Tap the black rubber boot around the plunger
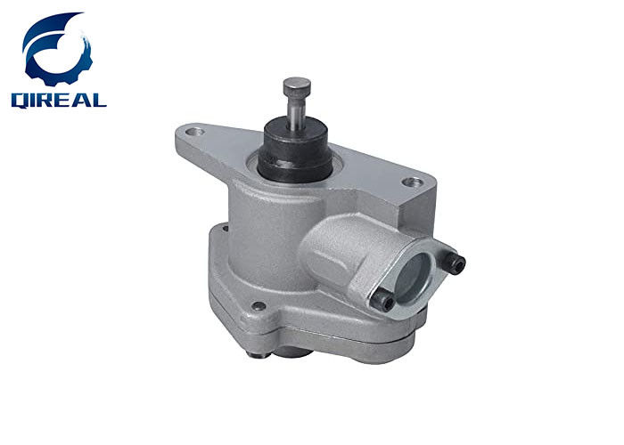pos(295,150)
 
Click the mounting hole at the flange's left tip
pos(194,132)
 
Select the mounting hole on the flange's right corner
pos(413,182)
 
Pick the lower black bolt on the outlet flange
pos(382,302)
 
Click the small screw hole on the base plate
pos(259,306)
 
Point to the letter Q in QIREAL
pos(19,101)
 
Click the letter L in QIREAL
pos(98,100)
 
